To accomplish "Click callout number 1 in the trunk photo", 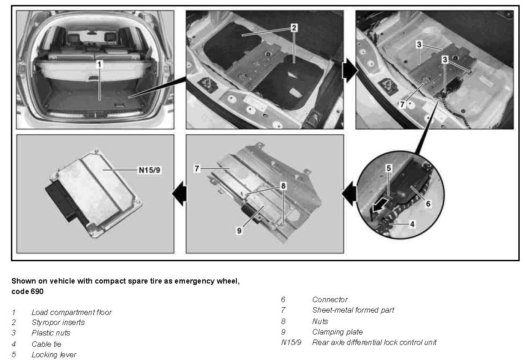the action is pyautogui.click(x=99, y=64).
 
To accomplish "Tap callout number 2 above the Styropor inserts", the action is pyautogui.click(x=294, y=27).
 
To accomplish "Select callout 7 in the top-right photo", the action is pyautogui.click(x=402, y=104).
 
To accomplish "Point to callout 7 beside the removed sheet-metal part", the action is pyautogui.click(x=197, y=168).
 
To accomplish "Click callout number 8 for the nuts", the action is pyautogui.click(x=283, y=186).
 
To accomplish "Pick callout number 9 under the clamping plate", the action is pyautogui.click(x=239, y=230).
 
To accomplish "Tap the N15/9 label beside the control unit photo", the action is pyautogui.click(x=149, y=169).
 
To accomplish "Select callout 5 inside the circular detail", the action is pyautogui.click(x=389, y=168).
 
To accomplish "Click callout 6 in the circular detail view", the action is pyautogui.click(x=428, y=203).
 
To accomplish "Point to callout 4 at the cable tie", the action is pyautogui.click(x=412, y=224).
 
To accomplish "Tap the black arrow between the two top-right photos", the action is pyautogui.click(x=349, y=71).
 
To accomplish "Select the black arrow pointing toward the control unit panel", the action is pyautogui.click(x=180, y=193).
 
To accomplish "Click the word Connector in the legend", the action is pyautogui.click(x=330, y=299).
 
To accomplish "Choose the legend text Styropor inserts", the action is pyautogui.click(x=58, y=322).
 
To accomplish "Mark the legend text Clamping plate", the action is pyautogui.click(x=337, y=332).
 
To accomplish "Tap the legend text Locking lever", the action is pyautogui.click(x=54, y=355).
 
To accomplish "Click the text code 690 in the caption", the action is pyautogui.click(x=27, y=292).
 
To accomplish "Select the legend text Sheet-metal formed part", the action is pyautogui.click(x=353, y=310).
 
